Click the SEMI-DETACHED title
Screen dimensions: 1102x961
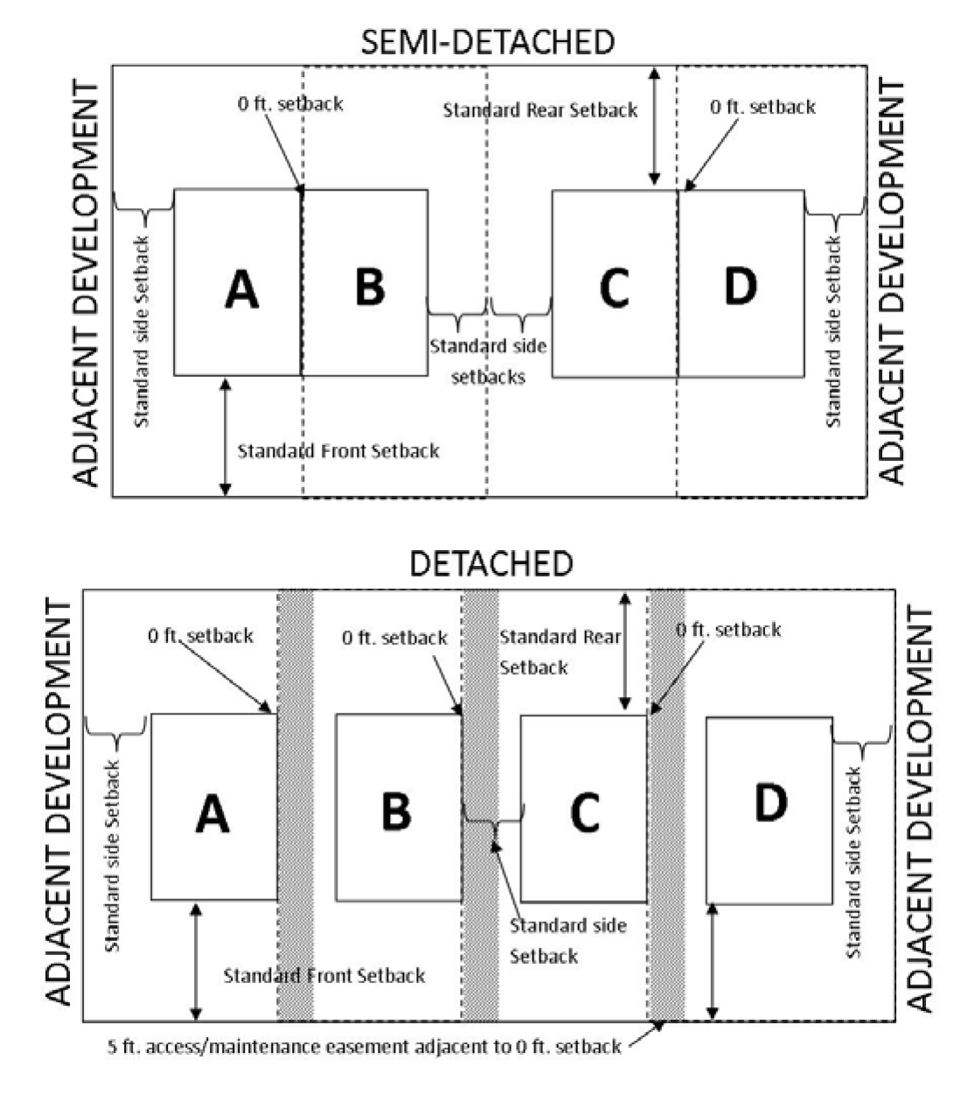(488, 42)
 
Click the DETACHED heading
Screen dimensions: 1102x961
(491, 564)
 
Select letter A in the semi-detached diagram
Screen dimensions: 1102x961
(241, 289)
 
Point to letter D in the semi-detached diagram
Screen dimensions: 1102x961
(740, 285)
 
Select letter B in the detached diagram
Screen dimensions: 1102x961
(396, 810)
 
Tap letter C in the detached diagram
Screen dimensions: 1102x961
(583, 812)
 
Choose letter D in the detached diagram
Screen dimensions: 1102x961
(769, 803)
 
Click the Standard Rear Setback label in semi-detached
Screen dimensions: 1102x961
(540, 110)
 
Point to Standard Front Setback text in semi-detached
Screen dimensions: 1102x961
(338, 451)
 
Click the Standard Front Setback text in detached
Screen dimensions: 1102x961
(324, 975)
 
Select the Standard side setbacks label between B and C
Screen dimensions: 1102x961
(488, 361)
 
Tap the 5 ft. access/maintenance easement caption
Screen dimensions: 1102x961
(365, 1046)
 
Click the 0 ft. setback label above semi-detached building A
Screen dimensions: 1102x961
(290, 104)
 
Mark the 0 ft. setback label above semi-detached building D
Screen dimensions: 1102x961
(763, 107)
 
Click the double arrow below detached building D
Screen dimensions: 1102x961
(713, 961)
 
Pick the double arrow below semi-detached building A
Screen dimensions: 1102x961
(226, 436)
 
